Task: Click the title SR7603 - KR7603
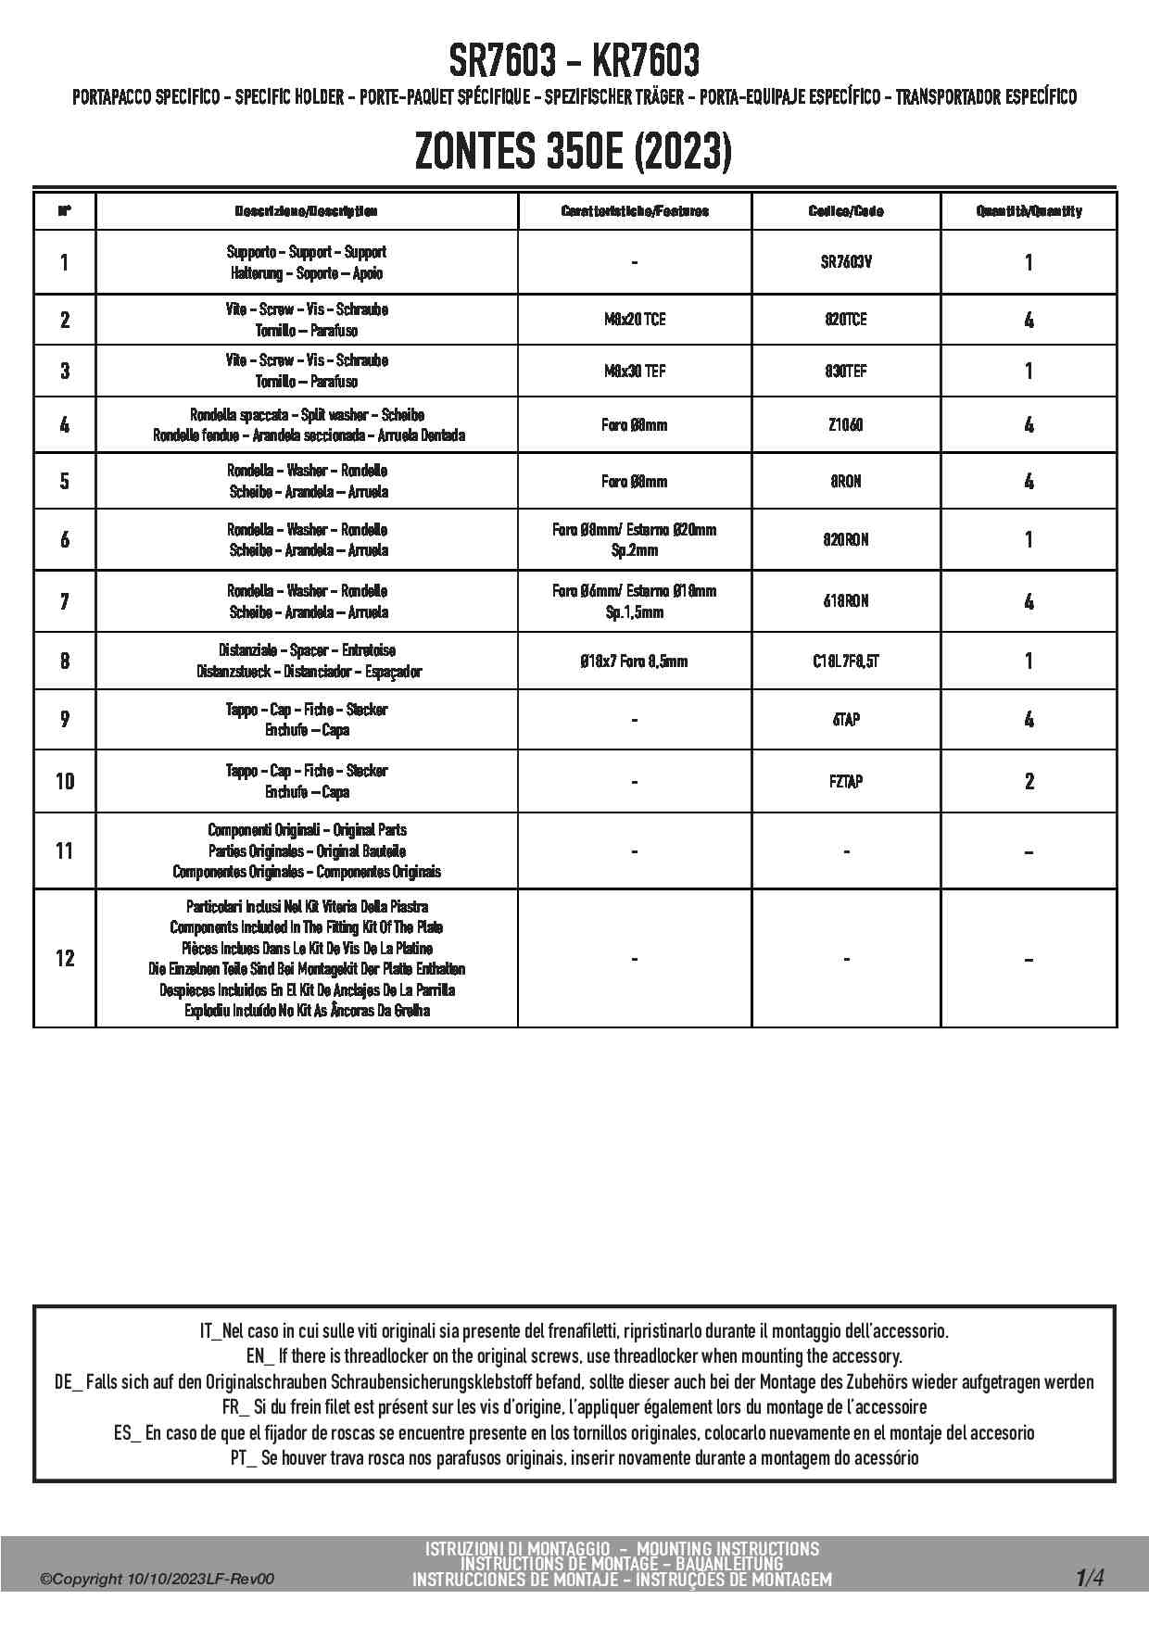(x=574, y=62)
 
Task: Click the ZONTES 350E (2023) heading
(x=574, y=151)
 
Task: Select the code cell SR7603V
(x=846, y=262)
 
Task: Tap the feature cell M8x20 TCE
(x=635, y=320)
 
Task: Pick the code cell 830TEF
(x=846, y=371)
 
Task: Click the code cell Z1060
(x=846, y=425)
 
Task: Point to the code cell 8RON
(x=846, y=481)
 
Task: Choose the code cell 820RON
(x=846, y=539)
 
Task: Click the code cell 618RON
(x=846, y=601)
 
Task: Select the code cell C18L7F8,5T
(x=846, y=661)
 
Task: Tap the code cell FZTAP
(x=846, y=781)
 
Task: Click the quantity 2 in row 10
(x=1029, y=781)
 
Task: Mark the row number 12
(x=64, y=958)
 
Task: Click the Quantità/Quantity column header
(x=1029, y=211)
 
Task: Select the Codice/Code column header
(x=846, y=211)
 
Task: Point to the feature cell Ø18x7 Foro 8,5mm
(x=635, y=661)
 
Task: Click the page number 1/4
(x=1090, y=1578)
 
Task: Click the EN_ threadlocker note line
(x=574, y=1356)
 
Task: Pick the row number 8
(x=64, y=661)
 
